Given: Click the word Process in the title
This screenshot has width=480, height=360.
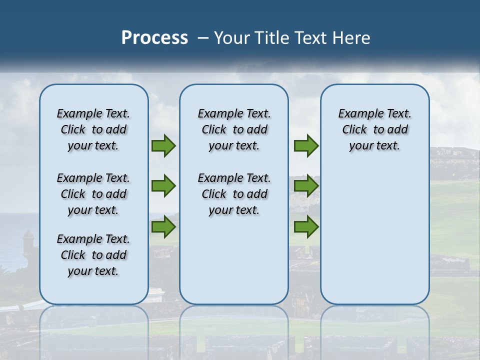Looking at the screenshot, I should click(x=154, y=37).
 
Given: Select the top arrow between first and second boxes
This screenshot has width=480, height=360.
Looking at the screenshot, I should click(x=163, y=145).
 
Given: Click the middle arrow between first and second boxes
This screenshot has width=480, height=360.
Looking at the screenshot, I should click(x=163, y=186).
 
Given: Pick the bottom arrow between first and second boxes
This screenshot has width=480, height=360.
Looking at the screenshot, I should click(x=163, y=227).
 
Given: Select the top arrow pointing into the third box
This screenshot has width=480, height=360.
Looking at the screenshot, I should click(x=306, y=145).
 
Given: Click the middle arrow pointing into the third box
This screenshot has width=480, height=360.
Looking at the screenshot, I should click(x=306, y=186).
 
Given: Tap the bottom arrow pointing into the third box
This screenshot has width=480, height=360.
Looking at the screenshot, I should click(x=306, y=227).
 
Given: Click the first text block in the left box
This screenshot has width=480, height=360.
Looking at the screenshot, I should click(x=93, y=129).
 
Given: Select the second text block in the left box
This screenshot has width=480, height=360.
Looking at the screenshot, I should click(x=93, y=194).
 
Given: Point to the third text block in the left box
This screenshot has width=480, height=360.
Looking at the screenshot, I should click(x=93, y=255).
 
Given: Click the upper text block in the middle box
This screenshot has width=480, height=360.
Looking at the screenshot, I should click(x=234, y=129).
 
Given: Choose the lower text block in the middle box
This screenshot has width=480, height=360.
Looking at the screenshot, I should click(x=234, y=194).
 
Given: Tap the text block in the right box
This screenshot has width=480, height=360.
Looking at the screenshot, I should click(x=374, y=129).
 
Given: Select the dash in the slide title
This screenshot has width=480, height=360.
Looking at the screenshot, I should click(x=202, y=38).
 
